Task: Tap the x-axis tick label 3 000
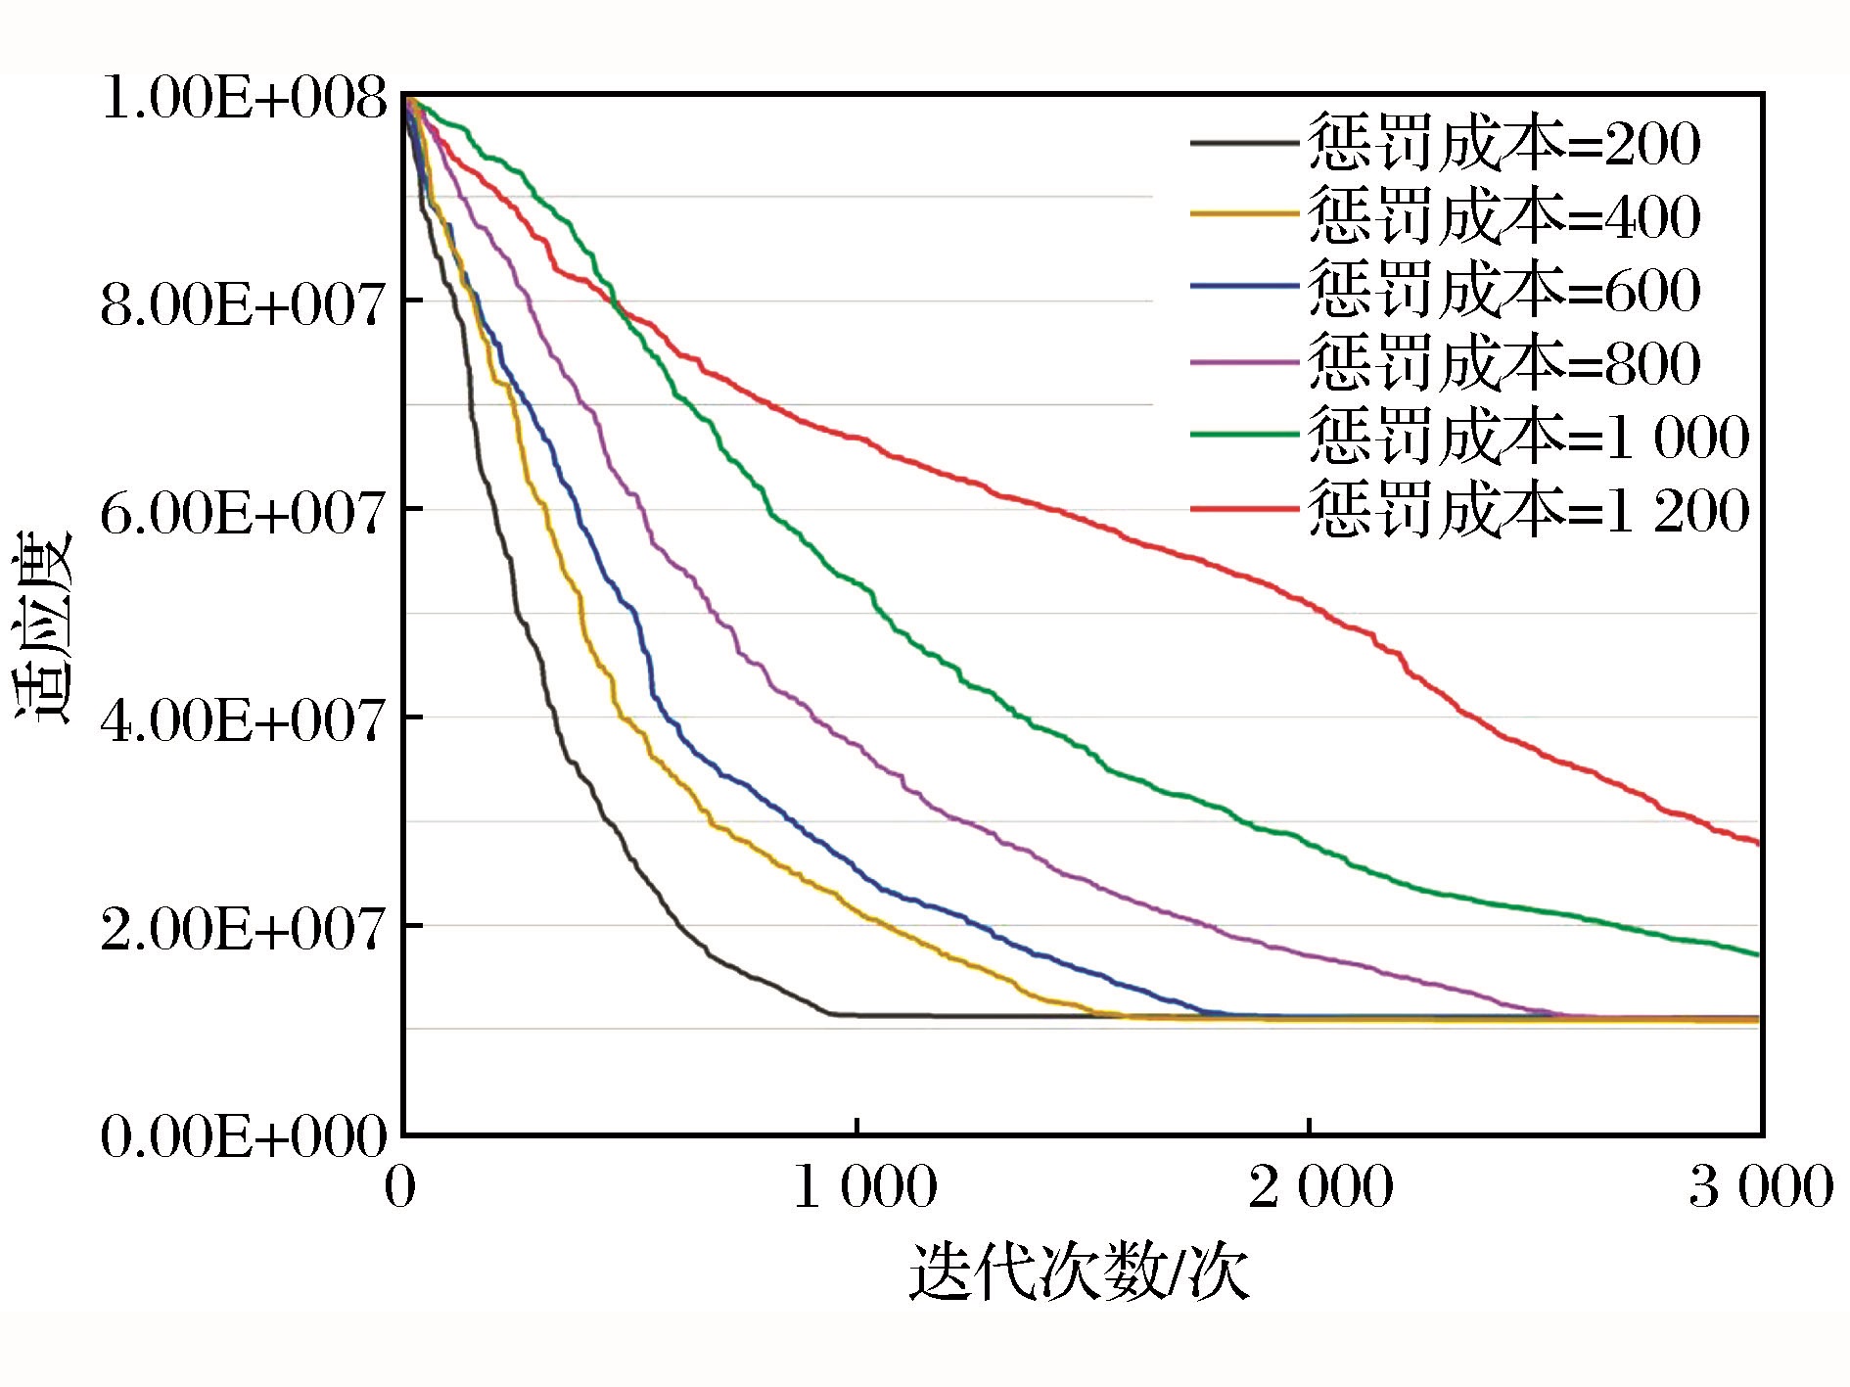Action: pyautogui.click(x=1761, y=1187)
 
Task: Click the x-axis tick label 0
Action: pyautogui.click(x=400, y=1187)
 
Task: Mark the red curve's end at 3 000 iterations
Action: pyautogui.click(x=1759, y=843)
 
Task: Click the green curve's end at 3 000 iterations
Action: pyautogui.click(x=1759, y=954)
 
